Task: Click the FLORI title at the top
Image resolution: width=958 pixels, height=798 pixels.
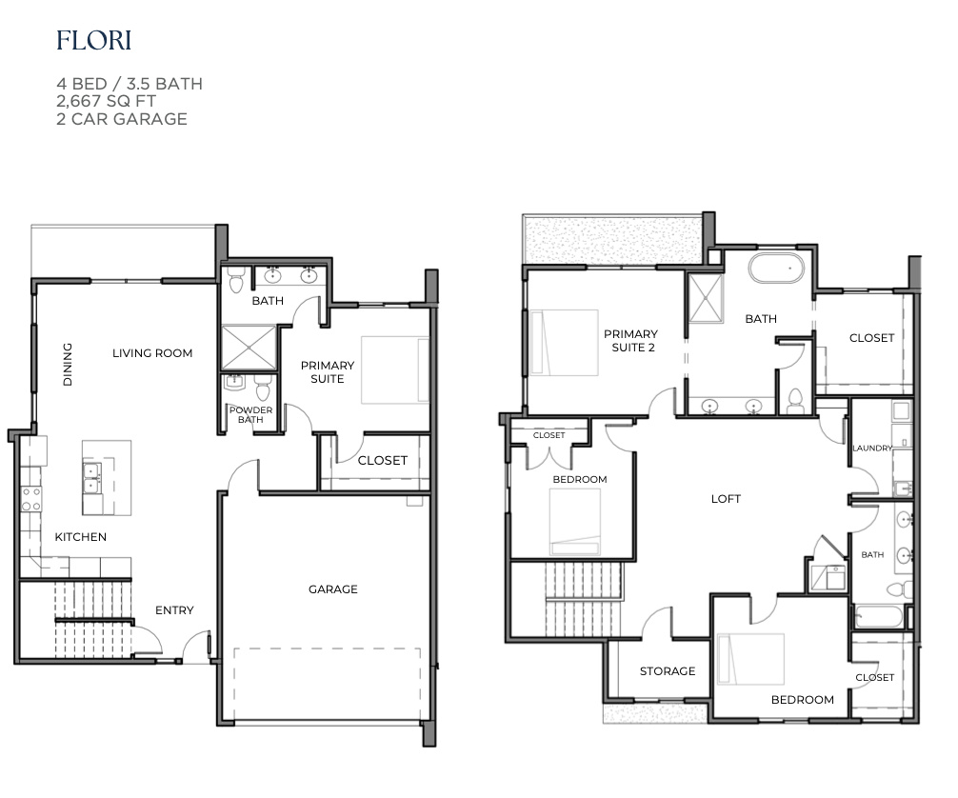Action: [93, 41]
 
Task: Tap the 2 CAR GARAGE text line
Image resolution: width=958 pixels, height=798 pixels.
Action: [121, 119]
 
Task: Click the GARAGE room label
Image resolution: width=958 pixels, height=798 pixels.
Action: [332, 589]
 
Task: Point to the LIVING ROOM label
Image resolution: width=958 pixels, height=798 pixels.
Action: [152, 353]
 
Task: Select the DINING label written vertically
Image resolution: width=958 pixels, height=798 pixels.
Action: [68, 365]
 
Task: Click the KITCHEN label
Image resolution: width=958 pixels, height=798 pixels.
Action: [80, 537]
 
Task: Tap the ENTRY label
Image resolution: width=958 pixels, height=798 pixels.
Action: [174, 610]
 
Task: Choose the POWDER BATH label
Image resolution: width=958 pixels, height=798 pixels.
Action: [250, 415]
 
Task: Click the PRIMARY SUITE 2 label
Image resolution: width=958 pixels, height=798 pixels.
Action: [630, 341]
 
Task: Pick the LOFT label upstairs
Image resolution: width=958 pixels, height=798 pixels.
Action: [726, 499]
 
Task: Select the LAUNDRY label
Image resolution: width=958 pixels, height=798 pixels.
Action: [871, 449]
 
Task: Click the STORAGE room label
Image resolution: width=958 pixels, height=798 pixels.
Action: [667, 671]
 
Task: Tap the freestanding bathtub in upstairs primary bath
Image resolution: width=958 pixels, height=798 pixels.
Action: [777, 269]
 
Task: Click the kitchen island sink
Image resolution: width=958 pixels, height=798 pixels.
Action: [93, 484]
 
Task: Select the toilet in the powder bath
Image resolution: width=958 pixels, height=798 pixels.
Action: [263, 389]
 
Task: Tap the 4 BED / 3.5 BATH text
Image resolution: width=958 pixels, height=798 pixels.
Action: [129, 84]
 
